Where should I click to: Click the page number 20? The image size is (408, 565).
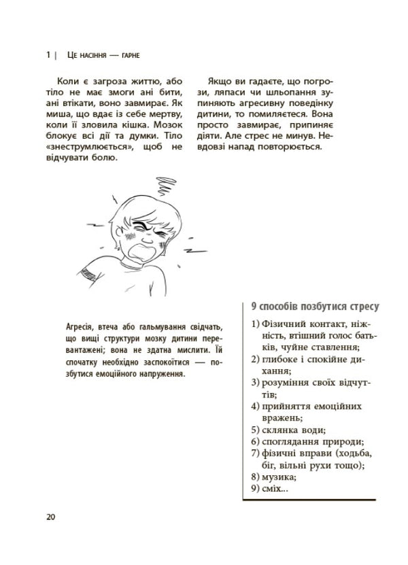click(x=50, y=515)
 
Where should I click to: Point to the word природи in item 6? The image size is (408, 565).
click(x=339, y=441)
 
